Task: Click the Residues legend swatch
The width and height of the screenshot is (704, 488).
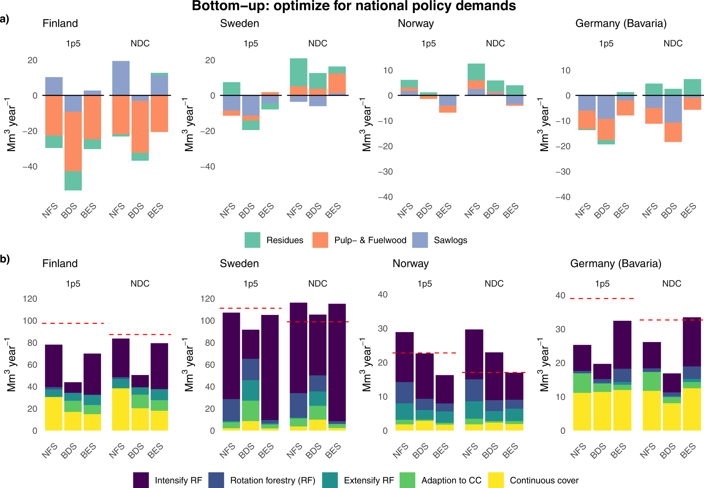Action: [x=252, y=240]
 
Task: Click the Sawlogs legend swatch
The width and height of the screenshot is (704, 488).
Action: [x=420, y=240]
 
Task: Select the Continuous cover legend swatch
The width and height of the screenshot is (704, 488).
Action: [x=496, y=480]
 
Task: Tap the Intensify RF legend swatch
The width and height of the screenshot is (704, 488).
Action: [x=141, y=480]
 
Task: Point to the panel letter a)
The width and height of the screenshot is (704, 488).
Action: [x=4, y=19]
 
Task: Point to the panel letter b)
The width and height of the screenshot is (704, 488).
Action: [x=5, y=259]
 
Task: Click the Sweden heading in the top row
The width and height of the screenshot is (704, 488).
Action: [x=239, y=23]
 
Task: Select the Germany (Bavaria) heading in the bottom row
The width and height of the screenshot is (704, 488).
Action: [x=616, y=263]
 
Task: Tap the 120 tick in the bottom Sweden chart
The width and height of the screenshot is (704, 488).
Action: [x=208, y=299]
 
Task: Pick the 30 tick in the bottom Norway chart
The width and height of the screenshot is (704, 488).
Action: [x=383, y=329]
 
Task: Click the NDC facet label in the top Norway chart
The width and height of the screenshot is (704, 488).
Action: [x=495, y=44]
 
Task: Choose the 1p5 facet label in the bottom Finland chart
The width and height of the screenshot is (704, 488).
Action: [x=73, y=284]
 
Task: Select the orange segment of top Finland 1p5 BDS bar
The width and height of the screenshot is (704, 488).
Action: [x=73, y=141]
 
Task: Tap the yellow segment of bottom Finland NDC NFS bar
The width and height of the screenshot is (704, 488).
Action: [x=121, y=409]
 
